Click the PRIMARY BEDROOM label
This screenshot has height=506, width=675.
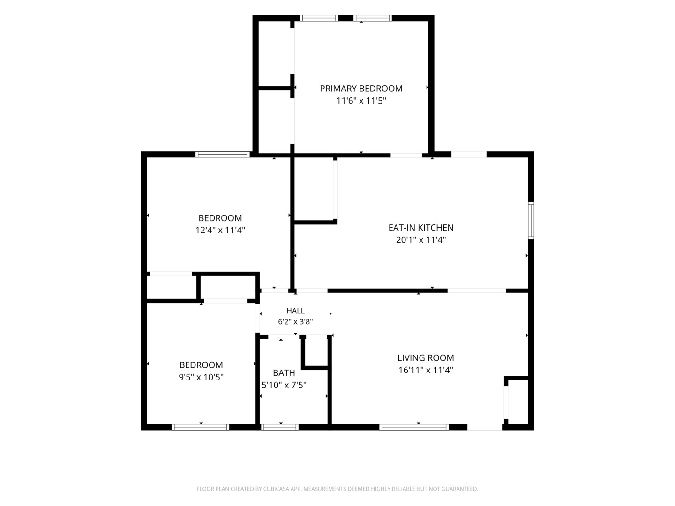(x=361, y=89)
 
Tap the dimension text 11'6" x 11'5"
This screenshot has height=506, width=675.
(x=361, y=101)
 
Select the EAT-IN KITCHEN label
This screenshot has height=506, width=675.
(x=420, y=228)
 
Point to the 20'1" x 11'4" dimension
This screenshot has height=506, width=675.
(x=420, y=240)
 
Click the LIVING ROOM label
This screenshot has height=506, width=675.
(x=426, y=358)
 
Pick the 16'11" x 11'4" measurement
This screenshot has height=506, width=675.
(x=426, y=370)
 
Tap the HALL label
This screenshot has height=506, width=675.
(x=295, y=311)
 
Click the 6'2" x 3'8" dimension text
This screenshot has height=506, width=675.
(x=295, y=322)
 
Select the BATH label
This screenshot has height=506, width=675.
(x=284, y=373)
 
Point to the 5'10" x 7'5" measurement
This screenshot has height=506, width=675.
(x=284, y=385)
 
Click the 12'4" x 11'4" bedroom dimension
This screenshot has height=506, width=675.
(x=220, y=230)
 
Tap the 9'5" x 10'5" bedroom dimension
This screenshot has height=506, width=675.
(x=201, y=377)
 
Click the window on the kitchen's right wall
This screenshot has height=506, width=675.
(x=531, y=220)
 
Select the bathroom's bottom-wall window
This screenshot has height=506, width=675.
(x=280, y=427)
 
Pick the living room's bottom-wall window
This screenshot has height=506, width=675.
(x=414, y=427)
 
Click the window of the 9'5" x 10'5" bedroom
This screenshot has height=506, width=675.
(x=201, y=427)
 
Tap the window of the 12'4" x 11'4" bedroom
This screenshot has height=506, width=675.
(x=223, y=154)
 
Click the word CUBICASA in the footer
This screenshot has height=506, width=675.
(x=276, y=489)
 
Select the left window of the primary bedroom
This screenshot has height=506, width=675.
(x=319, y=18)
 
